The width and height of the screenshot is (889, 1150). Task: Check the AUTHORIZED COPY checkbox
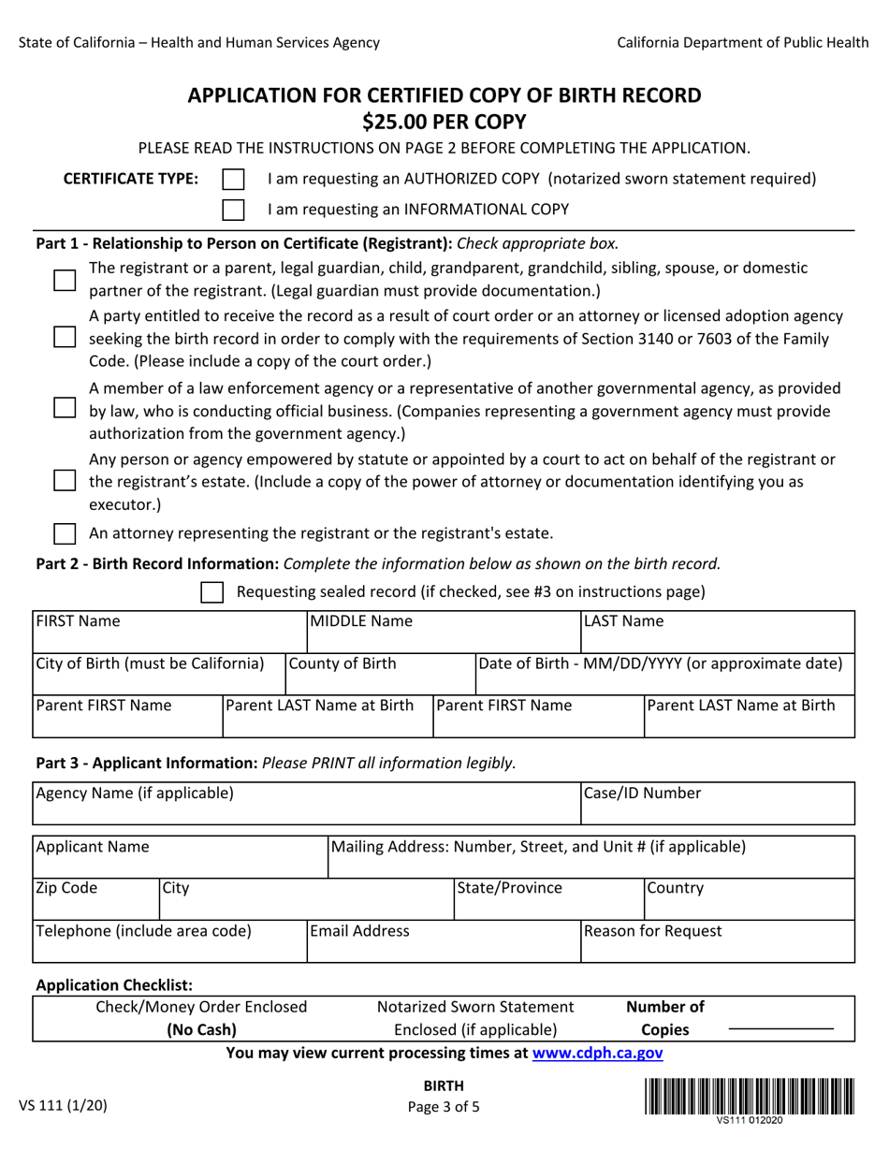pos(233,180)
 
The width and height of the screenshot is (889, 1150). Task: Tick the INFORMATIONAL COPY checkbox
pos(233,210)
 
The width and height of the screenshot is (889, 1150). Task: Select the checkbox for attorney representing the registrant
pos(65,534)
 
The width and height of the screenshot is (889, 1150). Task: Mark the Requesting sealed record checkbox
pos(212,592)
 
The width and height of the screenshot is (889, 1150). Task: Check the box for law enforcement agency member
pos(65,408)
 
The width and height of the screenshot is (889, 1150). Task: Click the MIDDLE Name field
pos(443,633)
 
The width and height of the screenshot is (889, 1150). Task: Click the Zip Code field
pos(95,900)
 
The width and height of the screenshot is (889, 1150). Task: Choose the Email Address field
pos(443,943)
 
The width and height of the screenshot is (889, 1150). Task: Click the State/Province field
pos(547,900)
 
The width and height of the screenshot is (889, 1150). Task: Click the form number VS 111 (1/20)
pos(64,1105)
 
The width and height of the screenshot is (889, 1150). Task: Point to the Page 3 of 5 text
pos(444,1106)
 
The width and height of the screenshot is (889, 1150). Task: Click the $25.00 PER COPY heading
pos(444,122)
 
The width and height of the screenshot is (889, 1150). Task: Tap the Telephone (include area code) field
pos(169,943)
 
